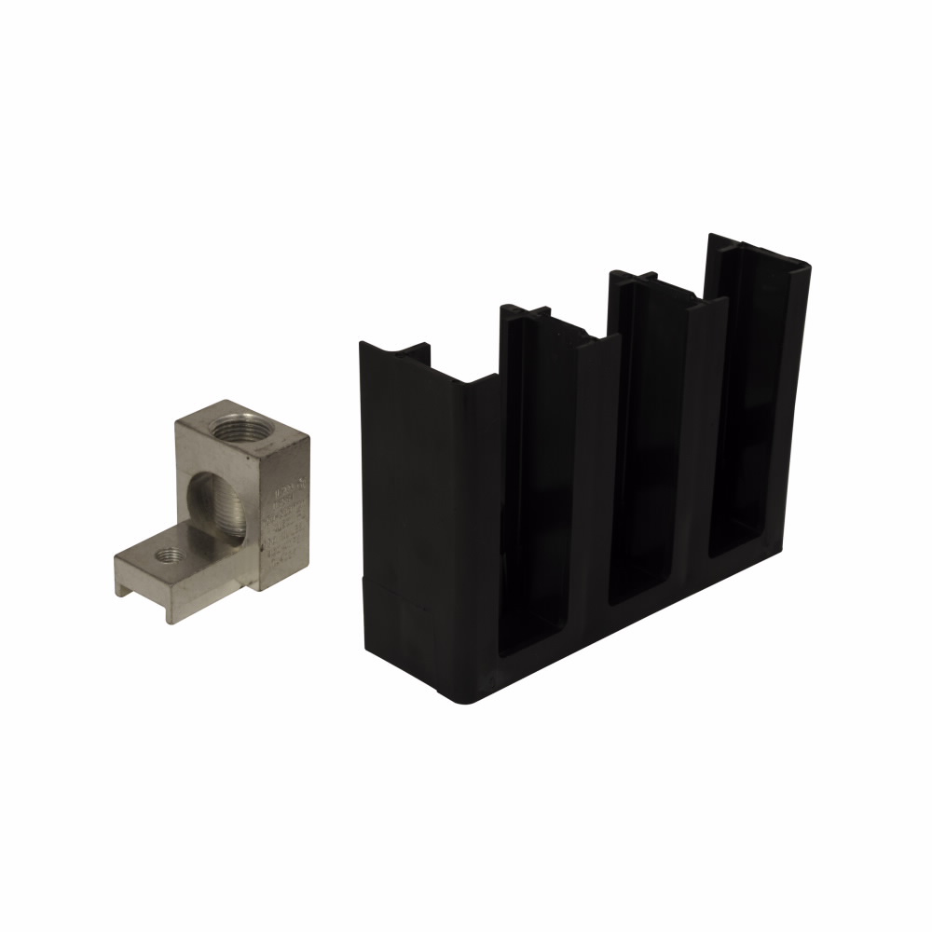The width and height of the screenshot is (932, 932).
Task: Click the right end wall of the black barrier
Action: (792, 391)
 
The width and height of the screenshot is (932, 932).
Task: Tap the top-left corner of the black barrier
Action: (362, 344)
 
